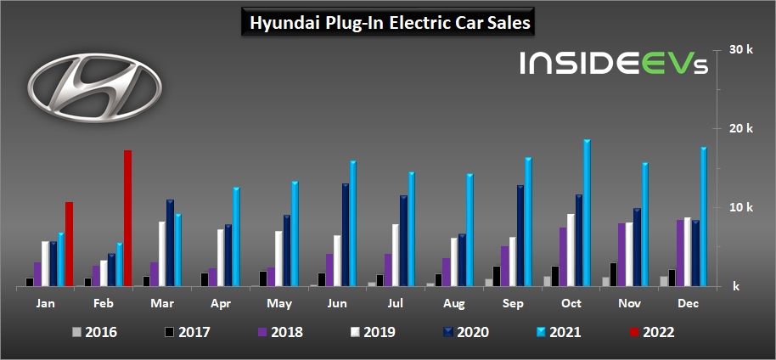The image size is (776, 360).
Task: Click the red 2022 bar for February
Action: [128, 219]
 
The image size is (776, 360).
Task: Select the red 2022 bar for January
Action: [70, 245]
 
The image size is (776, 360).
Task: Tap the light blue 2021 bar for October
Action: [587, 214]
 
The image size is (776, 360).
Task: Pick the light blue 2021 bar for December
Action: [704, 217]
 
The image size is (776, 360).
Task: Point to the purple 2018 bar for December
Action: [680, 253]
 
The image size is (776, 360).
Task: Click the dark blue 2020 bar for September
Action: [520, 236]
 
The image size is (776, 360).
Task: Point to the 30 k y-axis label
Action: [741, 50]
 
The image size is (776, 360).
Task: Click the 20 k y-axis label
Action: [741, 129]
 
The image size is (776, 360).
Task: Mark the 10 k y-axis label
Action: [741, 208]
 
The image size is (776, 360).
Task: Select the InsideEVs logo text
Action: [604, 65]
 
